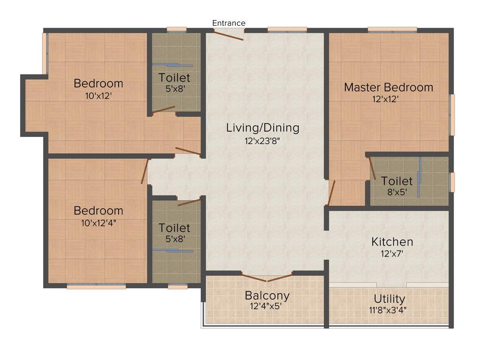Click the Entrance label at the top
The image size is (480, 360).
click(x=229, y=23)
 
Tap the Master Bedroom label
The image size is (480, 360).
click(x=389, y=87)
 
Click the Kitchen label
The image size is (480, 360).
click(x=392, y=242)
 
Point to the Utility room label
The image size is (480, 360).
click(x=390, y=299)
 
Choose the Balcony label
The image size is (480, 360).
click(x=267, y=296)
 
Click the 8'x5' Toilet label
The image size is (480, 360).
click(x=397, y=181)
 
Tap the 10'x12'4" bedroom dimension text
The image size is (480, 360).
click(x=98, y=223)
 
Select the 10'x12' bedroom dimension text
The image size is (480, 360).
click(x=98, y=96)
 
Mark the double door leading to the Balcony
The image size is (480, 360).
click(x=267, y=277)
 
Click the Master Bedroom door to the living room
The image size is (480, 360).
click(x=331, y=193)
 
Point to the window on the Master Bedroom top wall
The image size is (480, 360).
click(x=392, y=30)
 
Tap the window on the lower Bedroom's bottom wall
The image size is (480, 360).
click(x=96, y=286)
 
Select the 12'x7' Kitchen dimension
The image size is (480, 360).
click(x=392, y=254)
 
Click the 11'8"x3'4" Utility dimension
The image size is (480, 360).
click(x=390, y=310)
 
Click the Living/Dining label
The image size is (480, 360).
click(x=262, y=127)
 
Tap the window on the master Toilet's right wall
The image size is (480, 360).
click(x=452, y=182)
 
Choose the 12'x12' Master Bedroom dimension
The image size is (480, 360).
click(x=389, y=99)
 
